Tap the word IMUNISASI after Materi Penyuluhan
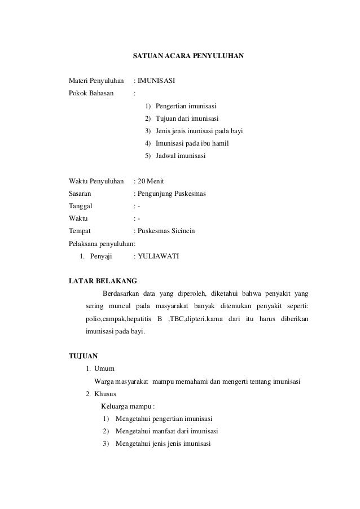156,81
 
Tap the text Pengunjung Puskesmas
172,194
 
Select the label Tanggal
81,206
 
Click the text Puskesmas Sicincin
166,231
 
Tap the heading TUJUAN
82,356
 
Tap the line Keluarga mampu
128,406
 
